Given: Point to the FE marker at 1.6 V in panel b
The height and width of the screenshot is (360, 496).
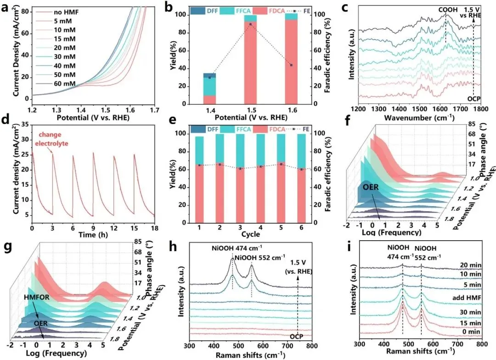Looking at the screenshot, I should [x=291, y=65].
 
